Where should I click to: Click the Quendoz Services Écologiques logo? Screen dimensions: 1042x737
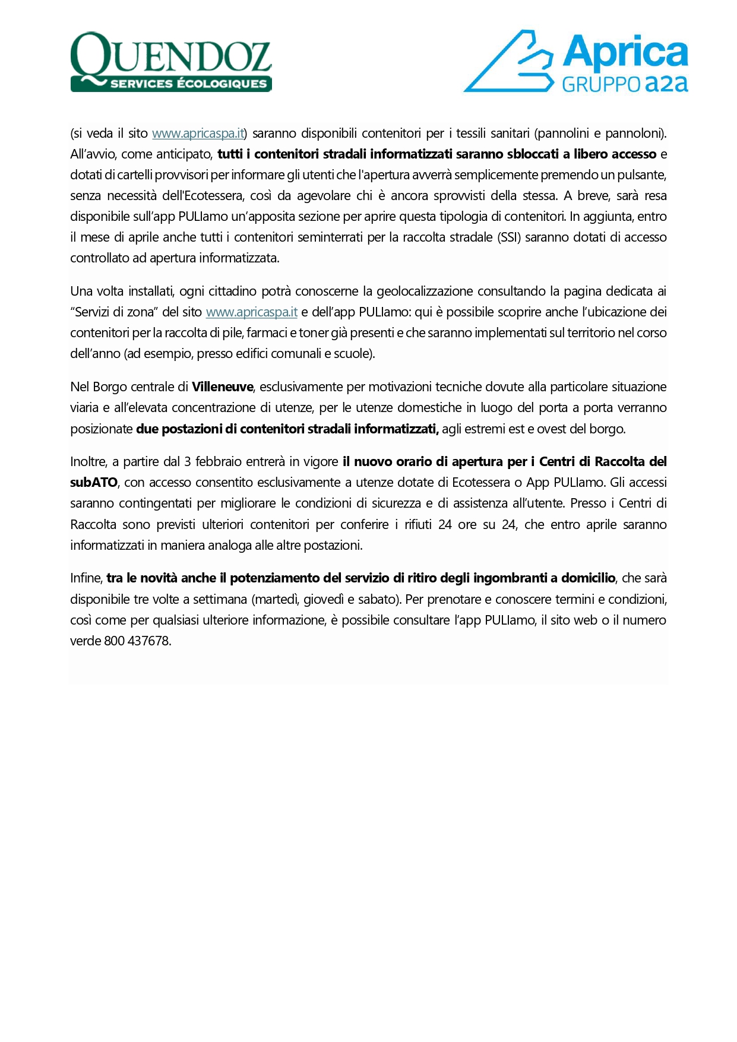[171, 62]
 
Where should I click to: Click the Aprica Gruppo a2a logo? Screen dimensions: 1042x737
[575, 62]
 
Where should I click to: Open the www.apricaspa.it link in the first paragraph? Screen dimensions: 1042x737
[198, 134]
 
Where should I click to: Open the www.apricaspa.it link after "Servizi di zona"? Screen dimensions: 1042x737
[251, 312]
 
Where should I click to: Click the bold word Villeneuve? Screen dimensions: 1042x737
[223, 387]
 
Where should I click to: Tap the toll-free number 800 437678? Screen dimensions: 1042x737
[137, 641]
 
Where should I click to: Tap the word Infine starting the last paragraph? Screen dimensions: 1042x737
[86, 578]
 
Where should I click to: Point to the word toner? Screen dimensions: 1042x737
[314, 333]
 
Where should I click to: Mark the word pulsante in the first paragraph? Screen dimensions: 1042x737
[642, 175]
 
